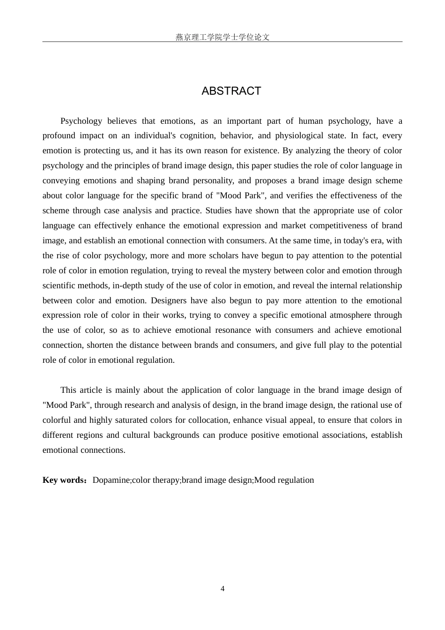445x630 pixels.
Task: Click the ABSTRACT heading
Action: coord(231,91)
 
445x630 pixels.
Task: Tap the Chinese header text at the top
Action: coord(222,37)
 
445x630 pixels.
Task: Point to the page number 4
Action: coord(222,589)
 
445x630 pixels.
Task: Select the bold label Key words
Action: coord(62,480)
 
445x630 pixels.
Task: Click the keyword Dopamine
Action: coord(111,480)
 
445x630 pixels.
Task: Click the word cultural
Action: coord(136,435)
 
